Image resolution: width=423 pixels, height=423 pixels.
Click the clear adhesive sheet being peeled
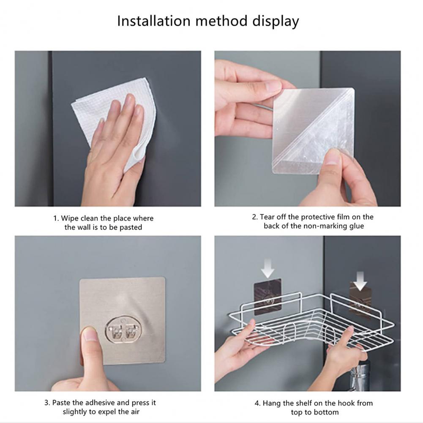click(x=313, y=131)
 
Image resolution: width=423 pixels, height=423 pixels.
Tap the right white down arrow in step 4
click(x=360, y=281)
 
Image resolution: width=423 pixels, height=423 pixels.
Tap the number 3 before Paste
click(x=46, y=403)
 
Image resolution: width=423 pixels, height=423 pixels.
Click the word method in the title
click(x=221, y=21)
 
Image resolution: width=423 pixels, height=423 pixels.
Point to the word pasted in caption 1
click(x=131, y=228)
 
